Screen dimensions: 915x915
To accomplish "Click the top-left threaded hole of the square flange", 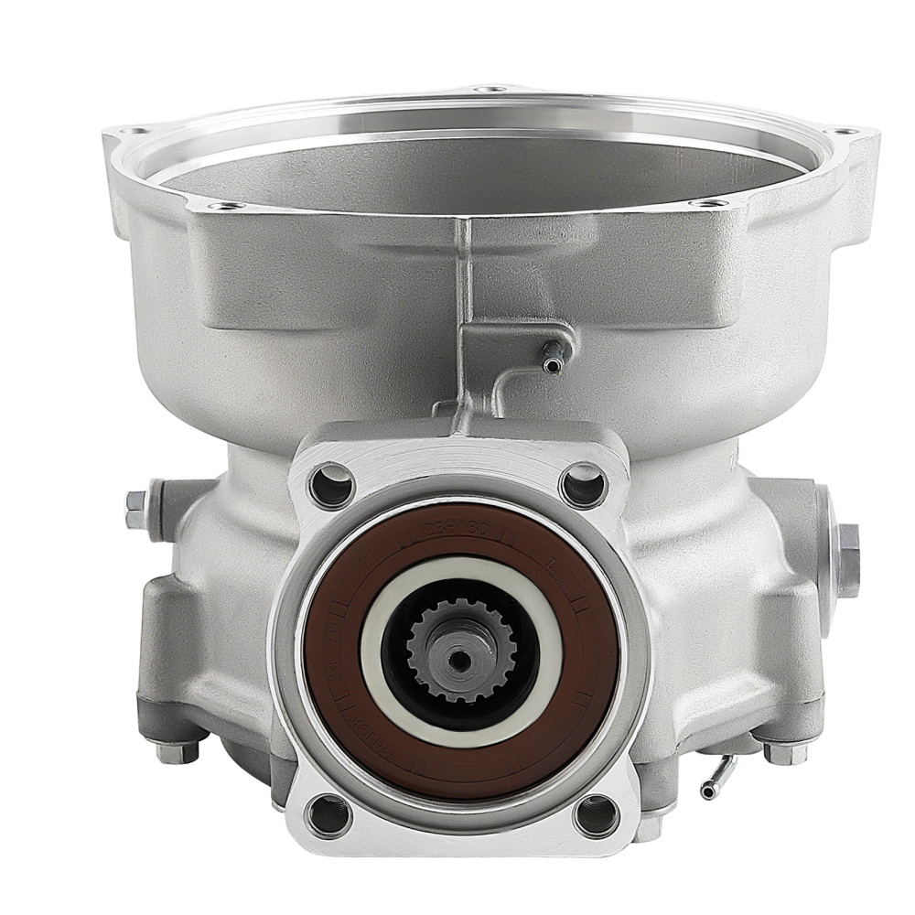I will (x=331, y=483).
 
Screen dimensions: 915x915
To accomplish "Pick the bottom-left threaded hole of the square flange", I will (x=331, y=811).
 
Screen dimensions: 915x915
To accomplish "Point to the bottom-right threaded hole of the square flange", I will (x=596, y=813).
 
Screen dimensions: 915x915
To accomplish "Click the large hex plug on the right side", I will (x=846, y=547).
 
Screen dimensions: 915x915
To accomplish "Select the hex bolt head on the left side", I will (x=135, y=510).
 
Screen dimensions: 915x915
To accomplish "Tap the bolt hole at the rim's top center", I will (x=492, y=89).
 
